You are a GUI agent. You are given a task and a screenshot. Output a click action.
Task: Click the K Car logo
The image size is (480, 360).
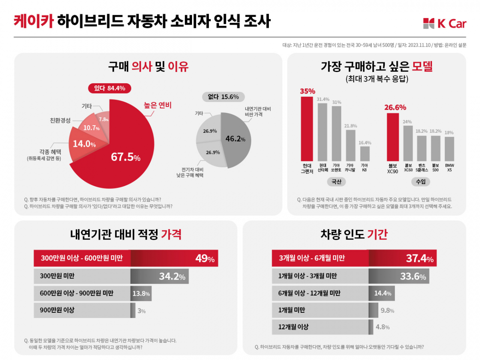coord(444,24)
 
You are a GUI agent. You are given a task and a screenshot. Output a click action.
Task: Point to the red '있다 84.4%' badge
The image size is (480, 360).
coord(109,88)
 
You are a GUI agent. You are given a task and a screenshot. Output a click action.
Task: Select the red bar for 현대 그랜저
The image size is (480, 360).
coord(307,128)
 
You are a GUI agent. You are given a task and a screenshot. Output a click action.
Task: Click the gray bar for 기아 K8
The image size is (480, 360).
coord(365,154)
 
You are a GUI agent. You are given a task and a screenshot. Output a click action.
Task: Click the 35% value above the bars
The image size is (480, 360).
coord(307,91)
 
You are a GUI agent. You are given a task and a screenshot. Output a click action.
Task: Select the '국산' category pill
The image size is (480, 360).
coord(335,182)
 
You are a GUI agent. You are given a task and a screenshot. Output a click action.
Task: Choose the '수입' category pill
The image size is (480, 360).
coord(421,182)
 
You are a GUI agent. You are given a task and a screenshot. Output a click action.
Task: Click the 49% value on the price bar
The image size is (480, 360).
coord(205,258)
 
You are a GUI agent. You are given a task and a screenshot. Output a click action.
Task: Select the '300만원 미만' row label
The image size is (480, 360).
coord(58,276)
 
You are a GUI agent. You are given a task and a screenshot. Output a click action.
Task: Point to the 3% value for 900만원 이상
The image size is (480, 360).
coord(141,311)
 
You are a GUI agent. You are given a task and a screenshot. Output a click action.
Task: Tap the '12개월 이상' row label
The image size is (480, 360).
coord(294,327)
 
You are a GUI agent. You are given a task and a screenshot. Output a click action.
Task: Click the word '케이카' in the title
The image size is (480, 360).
coord(34,20)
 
